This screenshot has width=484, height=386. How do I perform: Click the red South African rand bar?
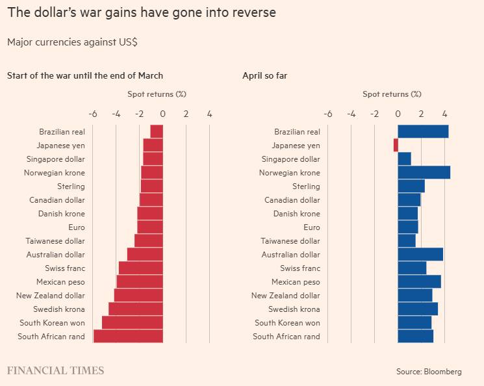coord(128,336)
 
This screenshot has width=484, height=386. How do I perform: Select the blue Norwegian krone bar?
coord(424,172)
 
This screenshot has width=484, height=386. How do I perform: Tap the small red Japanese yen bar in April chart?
coord(396,146)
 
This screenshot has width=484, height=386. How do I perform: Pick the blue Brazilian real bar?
coord(423,132)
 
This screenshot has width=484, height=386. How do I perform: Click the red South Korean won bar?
coord(133,322)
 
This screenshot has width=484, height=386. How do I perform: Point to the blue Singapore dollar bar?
coord(404,159)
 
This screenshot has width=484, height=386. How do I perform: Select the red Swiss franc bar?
coord(140,268)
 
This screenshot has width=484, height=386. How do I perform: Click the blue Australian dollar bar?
coord(420,254)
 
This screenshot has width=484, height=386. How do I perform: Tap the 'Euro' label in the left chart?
coord(77,227)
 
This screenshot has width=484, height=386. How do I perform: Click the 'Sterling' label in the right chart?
coord(306,187)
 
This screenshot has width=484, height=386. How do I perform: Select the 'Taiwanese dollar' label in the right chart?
coord(290,241)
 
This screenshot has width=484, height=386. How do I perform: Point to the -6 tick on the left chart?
coord(92,114)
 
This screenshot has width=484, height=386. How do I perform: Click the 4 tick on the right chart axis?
coord(444,114)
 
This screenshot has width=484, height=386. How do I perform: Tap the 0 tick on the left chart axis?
coord(162,114)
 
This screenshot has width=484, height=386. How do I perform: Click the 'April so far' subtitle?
coord(264,75)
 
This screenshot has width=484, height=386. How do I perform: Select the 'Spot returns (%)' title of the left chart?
coord(157,94)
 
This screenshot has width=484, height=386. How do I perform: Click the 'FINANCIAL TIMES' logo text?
coord(55,370)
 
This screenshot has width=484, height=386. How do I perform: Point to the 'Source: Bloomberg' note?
coord(429,372)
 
